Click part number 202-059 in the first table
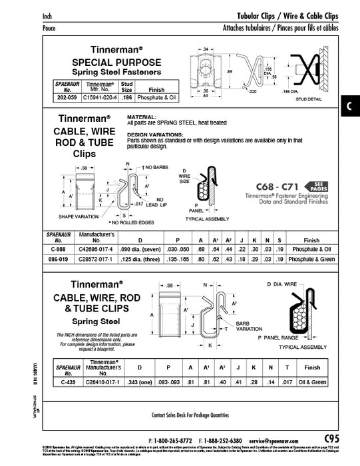67,97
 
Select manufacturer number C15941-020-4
102,97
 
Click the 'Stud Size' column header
127,87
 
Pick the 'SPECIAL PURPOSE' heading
108,60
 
